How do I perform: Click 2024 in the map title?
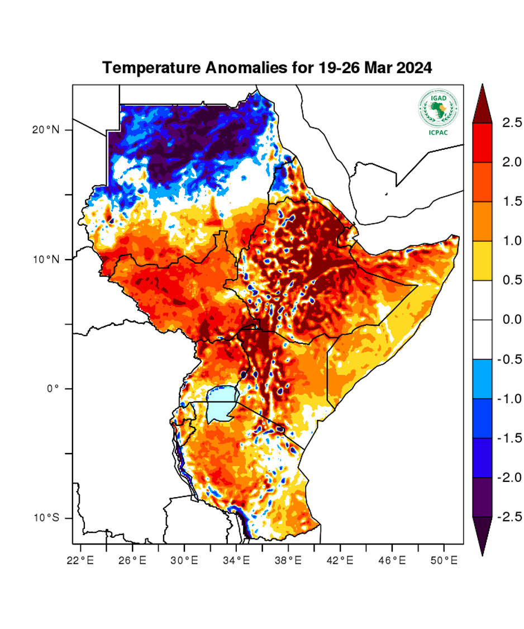click(415, 68)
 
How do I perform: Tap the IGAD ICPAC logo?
click(438, 110)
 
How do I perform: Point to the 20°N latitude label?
click(45, 130)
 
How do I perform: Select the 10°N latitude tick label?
click(45, 259)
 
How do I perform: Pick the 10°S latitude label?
click(45, 518)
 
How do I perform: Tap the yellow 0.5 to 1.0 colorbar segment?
click(482, 261)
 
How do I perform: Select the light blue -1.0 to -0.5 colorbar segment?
click(482, 379)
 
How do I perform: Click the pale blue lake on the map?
click(220, 405)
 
